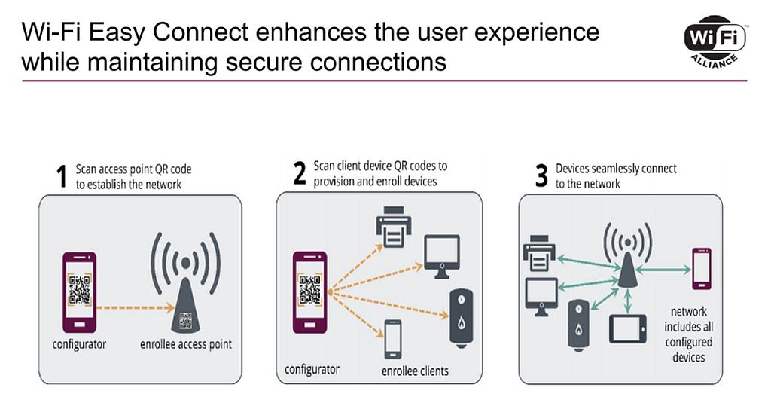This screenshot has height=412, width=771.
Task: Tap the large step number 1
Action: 62,176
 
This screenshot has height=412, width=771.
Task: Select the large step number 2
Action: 300,173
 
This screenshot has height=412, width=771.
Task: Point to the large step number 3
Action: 541,175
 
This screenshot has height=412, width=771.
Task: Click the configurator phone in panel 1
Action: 79,292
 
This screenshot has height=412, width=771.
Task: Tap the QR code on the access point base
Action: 185,321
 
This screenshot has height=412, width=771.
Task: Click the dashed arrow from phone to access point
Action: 136,308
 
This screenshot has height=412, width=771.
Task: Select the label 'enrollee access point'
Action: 186,344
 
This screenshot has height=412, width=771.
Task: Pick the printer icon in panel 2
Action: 393,227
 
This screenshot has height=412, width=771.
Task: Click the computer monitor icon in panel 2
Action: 442,256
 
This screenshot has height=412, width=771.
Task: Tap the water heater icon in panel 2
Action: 462,319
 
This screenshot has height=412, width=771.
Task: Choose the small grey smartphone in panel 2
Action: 393,339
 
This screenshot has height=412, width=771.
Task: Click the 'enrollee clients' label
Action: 415,371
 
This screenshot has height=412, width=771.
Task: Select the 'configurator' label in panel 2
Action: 312,369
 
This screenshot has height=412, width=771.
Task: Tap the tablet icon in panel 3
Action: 628,329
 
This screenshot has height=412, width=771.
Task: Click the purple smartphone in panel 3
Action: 702,269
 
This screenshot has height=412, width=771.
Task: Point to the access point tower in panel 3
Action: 628,255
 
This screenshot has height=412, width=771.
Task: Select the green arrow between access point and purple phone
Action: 663,270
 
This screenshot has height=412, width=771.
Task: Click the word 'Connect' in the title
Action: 200,32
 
